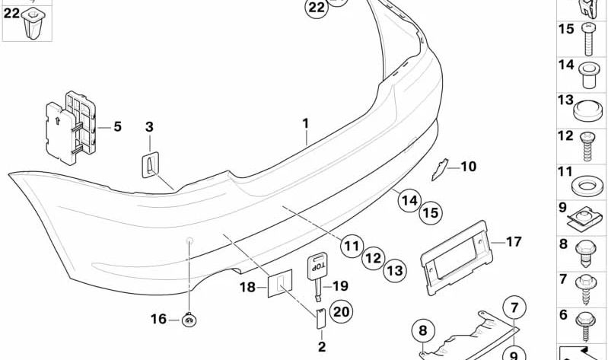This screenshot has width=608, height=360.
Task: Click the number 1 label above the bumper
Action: pyautogui.click(x=305, y=123)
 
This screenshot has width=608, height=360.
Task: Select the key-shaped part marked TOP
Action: pyautogui.click(x=317, y=272)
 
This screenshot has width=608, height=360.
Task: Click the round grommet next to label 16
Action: pyautogui.click(x=188, y=320)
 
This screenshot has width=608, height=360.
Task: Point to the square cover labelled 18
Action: pyautogui.click(x=278, y=285)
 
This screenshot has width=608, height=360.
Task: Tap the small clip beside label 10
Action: pyautogui.click(x=441, y=168)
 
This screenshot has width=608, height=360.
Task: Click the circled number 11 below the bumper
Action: pyautogui.click(x=350, y=246)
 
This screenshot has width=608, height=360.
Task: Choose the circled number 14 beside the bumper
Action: pyautogui.click(x=409, y=201)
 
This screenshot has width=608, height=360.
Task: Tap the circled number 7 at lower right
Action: pyautogui.click(x=514, y=308)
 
